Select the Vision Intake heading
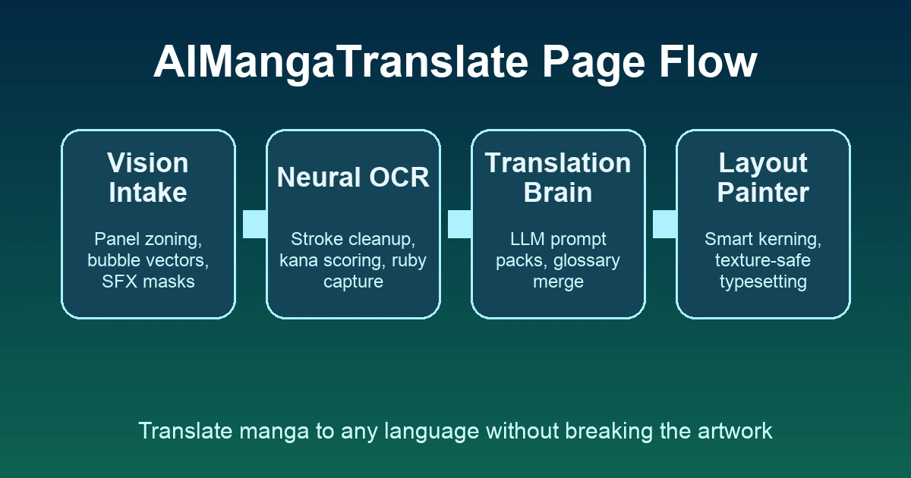pyautogui.click(x=148, y=178)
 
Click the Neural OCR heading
pyautogui.click(x=353, y=178)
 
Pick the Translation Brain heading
pyautogui.click(x=558, y=178)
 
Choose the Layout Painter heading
pyautogui.click(x=763, y=178)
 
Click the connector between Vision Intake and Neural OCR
pyautogui.click(x=254, y=224)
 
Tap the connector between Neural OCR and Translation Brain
pyautogui.click(x=459, y=224)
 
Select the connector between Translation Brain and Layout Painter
pyautogui.click(x=664, y=224)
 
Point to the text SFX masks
pyautogui.click(x=148, y=282)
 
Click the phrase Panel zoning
pyautogui.click(x=146, y=240)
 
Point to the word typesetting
pyautogui.click(x=763, y=282)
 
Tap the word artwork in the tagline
pyautogui.click(x=735, y=431)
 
